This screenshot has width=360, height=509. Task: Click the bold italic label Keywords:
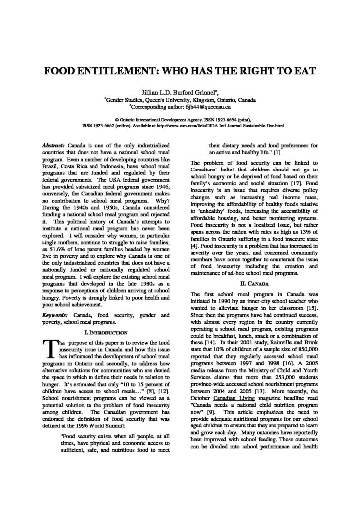pyautogui.click(x=57, y=315)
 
